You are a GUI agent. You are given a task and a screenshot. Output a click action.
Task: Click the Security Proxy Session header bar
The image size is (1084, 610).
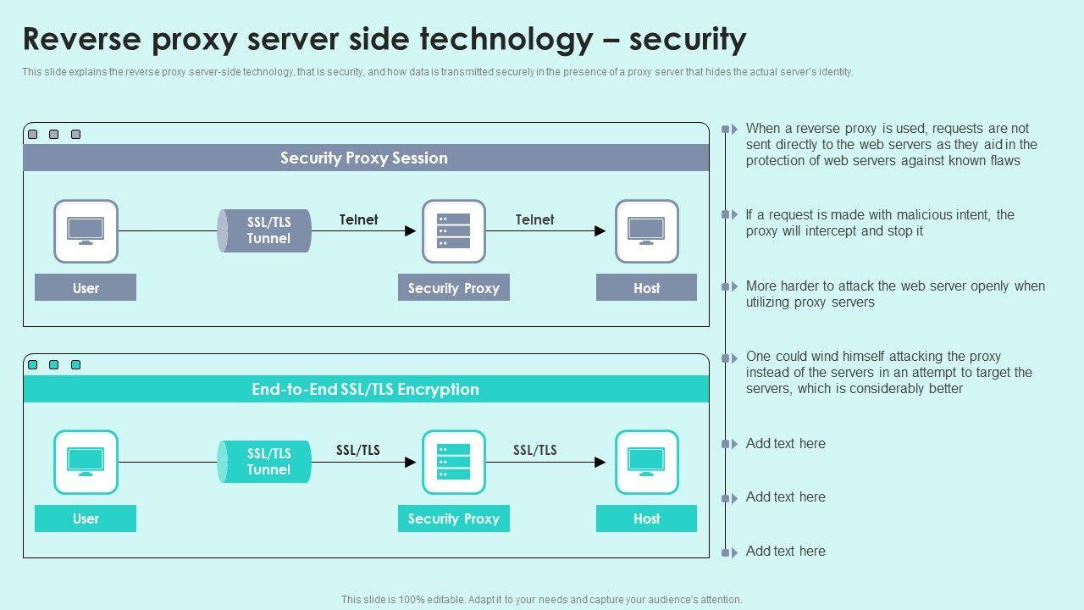[365, 158]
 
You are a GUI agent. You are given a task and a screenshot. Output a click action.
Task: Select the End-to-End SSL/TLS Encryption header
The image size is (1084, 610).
[365, 390]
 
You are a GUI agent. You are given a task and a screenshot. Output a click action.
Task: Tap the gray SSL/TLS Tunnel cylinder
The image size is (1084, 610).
[265, 230]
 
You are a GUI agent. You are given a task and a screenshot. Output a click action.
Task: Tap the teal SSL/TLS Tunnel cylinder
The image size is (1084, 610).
[265, 462]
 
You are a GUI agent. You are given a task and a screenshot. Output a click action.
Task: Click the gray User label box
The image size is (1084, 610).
[86, 288]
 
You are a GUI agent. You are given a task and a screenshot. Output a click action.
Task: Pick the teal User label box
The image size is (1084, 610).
[86, 518]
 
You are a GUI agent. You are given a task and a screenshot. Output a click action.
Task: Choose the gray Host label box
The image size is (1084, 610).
[646, 288]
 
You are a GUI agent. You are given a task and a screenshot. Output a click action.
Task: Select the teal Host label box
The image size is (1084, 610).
[646, 518]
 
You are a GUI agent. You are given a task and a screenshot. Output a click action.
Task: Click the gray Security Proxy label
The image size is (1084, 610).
[454, 288]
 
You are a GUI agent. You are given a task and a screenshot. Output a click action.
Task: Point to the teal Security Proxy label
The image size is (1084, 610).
[454, 518]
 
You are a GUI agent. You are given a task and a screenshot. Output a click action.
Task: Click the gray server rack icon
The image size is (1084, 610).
[454, 231]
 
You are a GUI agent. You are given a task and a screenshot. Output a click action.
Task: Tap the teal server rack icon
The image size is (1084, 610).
[454, 462]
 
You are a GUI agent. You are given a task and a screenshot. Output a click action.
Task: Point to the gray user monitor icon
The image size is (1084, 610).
[86, 231]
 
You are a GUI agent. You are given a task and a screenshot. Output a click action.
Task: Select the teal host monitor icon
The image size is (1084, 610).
[646, 462]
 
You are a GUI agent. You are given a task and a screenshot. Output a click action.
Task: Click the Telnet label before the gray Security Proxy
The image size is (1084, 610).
[359, 219]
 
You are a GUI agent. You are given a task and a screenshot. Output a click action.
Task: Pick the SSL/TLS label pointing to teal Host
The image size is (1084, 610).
[535, 450]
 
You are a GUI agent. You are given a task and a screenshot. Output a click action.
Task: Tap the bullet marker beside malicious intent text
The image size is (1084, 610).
[728, 215]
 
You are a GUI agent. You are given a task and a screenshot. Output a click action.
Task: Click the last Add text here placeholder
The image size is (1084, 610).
[785, 552]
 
